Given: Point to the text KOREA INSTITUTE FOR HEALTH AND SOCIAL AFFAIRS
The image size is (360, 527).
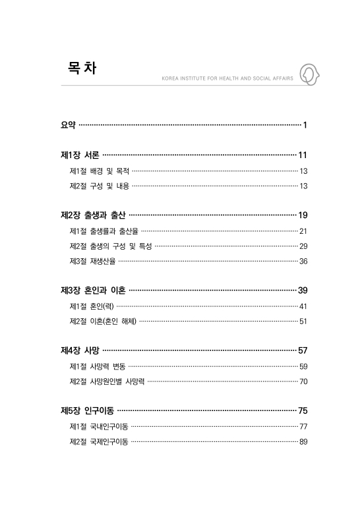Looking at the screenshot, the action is (227, 79).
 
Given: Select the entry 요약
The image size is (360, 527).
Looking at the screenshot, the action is (68, 125).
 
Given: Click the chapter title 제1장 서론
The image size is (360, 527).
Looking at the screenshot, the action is (80, 155).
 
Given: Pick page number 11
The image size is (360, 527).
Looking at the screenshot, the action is (303, 155).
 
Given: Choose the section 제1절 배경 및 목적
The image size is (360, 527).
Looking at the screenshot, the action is (99, 171).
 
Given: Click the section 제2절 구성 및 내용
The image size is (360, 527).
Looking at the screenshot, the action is (99, 186).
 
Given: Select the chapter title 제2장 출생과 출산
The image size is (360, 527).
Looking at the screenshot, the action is (92, 215).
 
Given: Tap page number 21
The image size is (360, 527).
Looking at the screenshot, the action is (303, 231).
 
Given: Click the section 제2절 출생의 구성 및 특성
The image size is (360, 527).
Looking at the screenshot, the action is (110, 246).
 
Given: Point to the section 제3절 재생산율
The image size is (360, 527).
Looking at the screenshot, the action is (92, 262).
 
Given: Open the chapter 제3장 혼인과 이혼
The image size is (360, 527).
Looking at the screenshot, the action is (92, 291).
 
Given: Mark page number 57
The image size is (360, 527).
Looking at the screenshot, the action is (303, 350).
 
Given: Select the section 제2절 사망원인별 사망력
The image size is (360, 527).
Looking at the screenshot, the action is (107, 381).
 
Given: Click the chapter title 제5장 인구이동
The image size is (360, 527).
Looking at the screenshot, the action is (88, 410).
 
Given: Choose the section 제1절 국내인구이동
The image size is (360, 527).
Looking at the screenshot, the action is (99, 426).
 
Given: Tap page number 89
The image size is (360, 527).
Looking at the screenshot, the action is (303, 441).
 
